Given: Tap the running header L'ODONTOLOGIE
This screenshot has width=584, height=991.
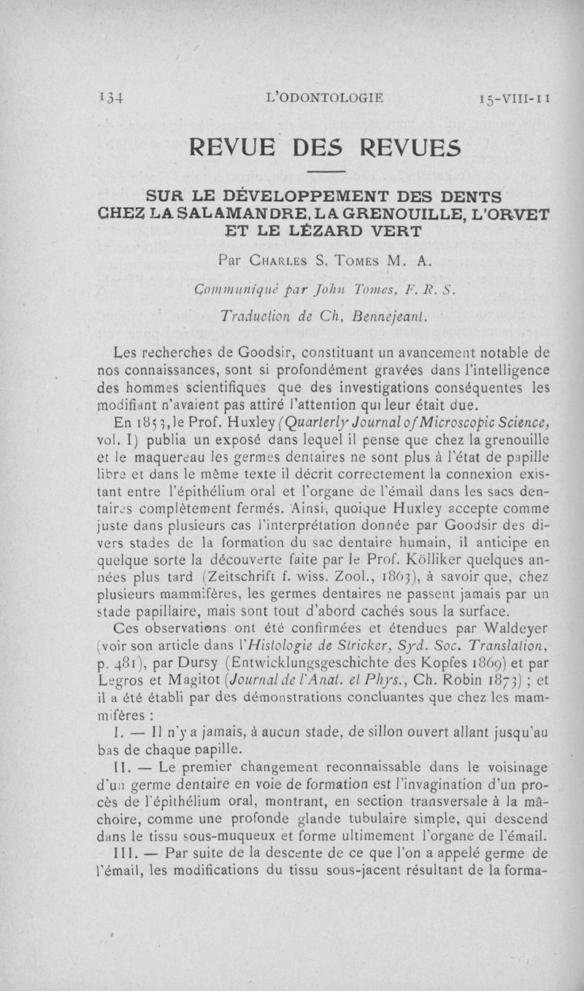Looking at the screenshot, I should [326, 96].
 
